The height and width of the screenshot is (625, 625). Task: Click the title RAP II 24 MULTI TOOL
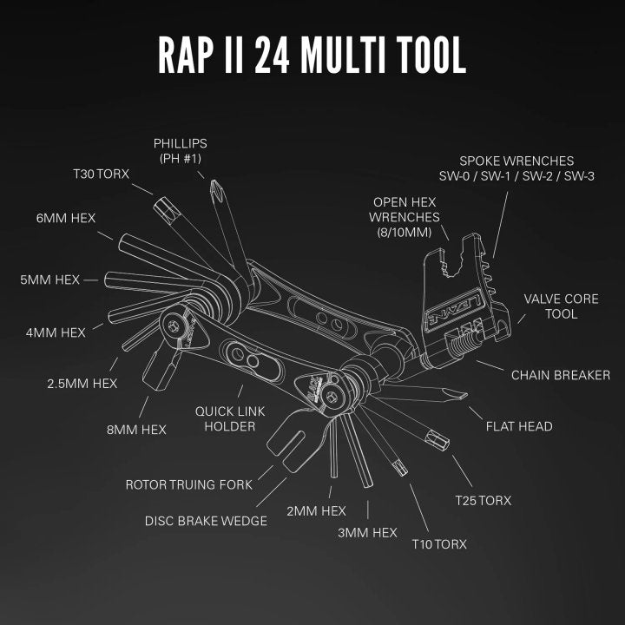coord(312,55)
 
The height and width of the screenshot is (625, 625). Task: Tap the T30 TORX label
coord(101,174)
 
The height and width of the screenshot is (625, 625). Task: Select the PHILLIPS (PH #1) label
coord(180,150)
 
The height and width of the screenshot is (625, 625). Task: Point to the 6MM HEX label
coord(65,217)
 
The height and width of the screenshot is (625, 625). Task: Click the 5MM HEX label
coord(50,280)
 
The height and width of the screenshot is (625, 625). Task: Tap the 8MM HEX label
coord(135,429)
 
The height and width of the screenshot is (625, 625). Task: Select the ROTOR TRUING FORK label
coord(188,484)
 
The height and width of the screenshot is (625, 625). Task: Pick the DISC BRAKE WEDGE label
coord(206,521)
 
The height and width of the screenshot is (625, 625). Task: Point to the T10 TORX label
coord(438,543)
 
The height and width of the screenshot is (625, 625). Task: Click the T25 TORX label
coord(484,500)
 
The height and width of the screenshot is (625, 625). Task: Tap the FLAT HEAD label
coord(519,426)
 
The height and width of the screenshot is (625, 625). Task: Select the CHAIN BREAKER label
coord(561,375)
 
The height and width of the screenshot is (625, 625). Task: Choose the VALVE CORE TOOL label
coord(561,306)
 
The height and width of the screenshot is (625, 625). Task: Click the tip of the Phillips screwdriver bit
coord(212,186)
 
